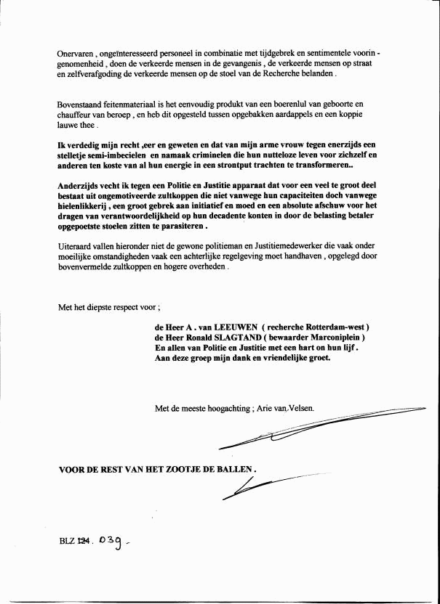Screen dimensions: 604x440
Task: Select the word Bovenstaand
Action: tap(81, 105)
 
